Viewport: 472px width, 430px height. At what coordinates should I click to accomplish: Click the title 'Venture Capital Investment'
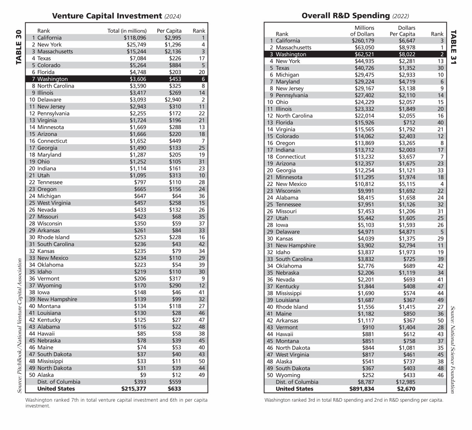tap(107, 16)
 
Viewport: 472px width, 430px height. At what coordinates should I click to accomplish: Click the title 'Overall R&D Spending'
tap(345, 16)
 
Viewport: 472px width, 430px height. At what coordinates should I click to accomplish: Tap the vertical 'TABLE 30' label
tap(18, 47)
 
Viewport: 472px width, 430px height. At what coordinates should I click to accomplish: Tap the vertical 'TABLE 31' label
tap(453, 47)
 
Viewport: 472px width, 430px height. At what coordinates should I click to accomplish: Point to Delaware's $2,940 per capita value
tap(173, 100)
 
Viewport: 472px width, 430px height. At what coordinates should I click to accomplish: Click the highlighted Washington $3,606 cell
tap(138, 79)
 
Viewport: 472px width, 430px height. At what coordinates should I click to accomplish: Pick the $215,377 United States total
tap(134, 389)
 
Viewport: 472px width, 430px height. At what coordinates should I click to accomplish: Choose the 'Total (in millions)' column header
tap(127, 31)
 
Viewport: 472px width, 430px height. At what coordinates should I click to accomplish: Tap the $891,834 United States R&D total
tap(362, 389)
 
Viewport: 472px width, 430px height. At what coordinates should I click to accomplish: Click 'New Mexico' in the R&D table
tap(291, 184)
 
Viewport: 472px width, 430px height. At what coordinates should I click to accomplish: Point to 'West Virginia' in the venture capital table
tap(54, 203)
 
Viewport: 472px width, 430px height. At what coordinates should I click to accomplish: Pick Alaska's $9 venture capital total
tap(143, 375)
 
